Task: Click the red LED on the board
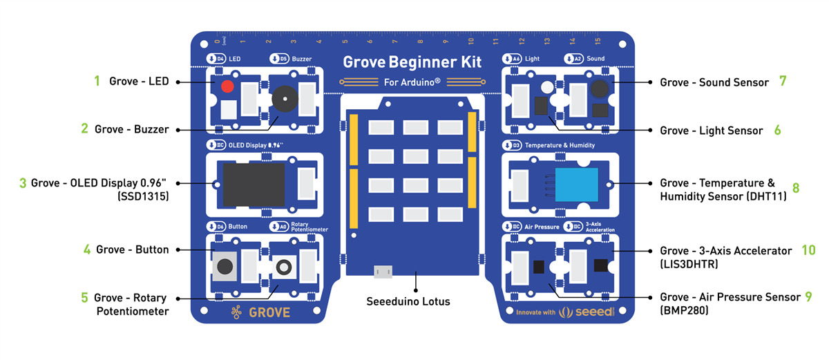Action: tap(227, 88)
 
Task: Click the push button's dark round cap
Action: tap(225, 266)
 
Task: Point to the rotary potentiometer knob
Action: tap(283, 267)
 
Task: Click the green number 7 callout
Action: tap(783, 81)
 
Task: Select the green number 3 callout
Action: tap(23, 183)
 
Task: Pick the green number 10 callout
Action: tap(808, 250)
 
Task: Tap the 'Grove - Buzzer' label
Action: tap(131, 129)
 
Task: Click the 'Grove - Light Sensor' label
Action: tap(711, 131)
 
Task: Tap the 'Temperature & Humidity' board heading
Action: tap(560, 146)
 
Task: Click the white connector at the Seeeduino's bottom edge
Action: tap(381, 272)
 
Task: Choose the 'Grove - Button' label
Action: tap(132, 249)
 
